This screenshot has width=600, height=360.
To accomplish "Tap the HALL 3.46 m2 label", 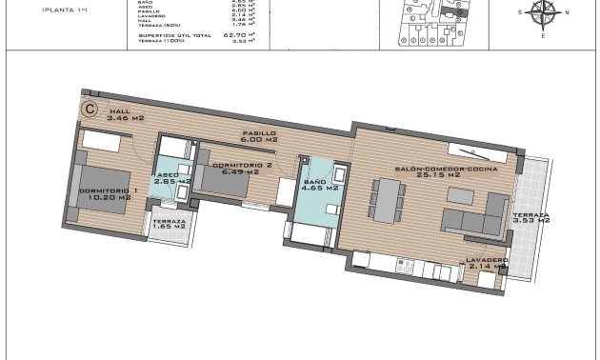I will pyautogui.click(x=125, y=115).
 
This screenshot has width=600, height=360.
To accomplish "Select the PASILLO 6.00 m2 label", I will pyautogui.click(x=258, y=136).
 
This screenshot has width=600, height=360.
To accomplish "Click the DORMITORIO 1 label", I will pyautogui.click(x=109, y=194).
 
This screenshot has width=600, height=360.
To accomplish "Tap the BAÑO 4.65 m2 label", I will pyautogui.click(x=314, y=185).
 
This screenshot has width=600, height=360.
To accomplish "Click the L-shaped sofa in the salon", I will pyautogui.click(x=476, y=217).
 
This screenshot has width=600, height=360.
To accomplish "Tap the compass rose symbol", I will pyautogui.click(x=543, y=13).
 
